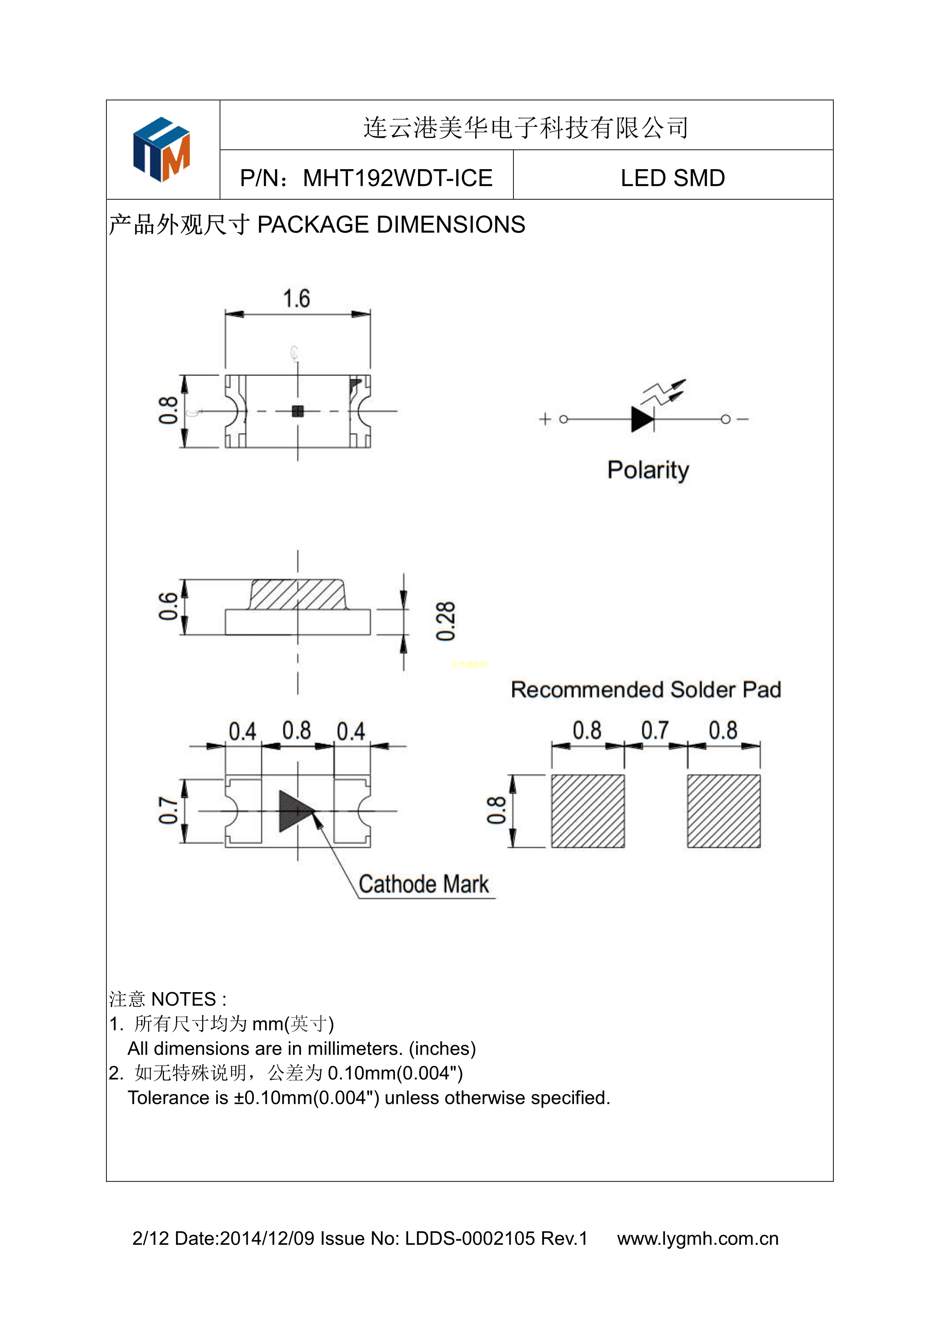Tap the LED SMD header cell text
coord(672,178)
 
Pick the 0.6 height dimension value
coord(168,606)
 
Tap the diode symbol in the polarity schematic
coord(643,418)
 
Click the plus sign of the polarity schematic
coord(545,418)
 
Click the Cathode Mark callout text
coord(423,884)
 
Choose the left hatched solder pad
coord(588,811)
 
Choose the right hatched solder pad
coord(723,811)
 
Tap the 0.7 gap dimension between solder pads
coord(655,731)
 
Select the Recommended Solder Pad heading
coord(646,689)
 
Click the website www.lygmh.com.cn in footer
coord(697,1238)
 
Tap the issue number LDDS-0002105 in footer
coord(469,1238)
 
